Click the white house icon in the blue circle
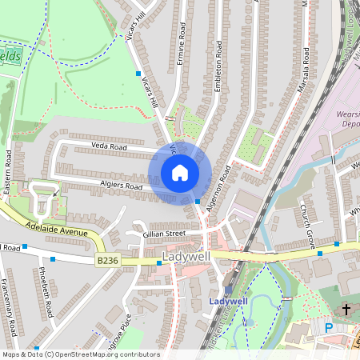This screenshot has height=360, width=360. click(x=180, y=173)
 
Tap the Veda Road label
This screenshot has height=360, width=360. click(x=109, y=146)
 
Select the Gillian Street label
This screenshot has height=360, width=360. click(x=164, y=234)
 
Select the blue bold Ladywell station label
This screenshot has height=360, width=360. click(x=226, y=301)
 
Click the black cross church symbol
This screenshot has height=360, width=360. click(x=346, y=308)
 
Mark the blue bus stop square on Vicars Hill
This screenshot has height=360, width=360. click(x=138, y=73)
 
